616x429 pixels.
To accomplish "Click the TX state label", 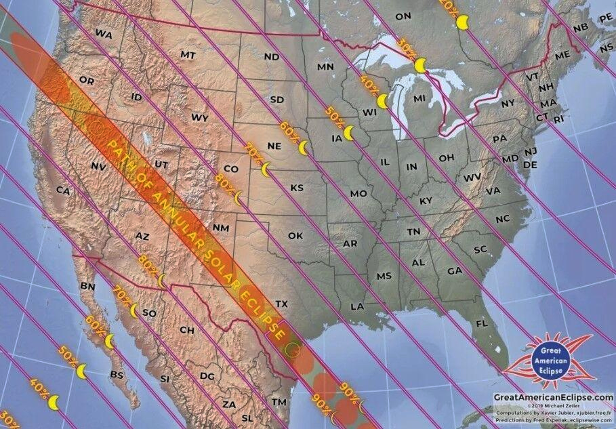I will pos(283,303).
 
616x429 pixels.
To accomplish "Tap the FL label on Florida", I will pos(482,324).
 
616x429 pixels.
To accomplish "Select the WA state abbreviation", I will pos(104,33).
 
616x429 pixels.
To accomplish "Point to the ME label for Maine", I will pos(562,56).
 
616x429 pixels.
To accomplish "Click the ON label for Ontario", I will pos(403,16).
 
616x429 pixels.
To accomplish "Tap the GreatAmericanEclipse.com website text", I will pos(552,397).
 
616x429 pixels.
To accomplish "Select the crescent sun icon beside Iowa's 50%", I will pos(348,133).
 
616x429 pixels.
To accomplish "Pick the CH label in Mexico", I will pos(187,330).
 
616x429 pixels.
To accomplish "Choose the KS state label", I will pos(297,187).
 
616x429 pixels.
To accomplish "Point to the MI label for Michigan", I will pos(419,98).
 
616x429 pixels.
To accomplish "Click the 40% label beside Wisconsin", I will pos(369,85).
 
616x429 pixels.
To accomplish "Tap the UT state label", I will pos(161,164).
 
